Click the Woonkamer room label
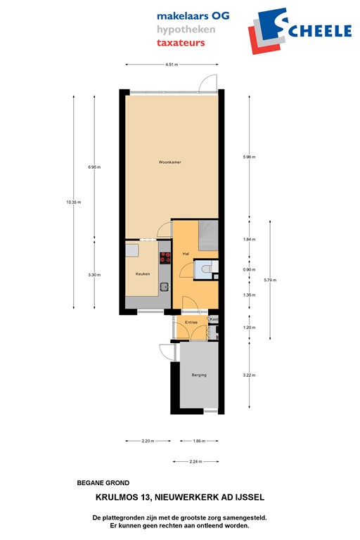[x=169, y=162]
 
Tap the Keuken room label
[x=143, y=274]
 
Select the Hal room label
[x=186, y=253]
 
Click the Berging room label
[x=199, y=375]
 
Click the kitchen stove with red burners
[x=166, y=257]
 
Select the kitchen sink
[x=163, y=286]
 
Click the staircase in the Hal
[x=209, y=233]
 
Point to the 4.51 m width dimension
[x=171, y=64]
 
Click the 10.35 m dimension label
[x=74, y=202]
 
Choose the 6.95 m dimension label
[x=94, y=167]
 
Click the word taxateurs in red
[x=181, y=43]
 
